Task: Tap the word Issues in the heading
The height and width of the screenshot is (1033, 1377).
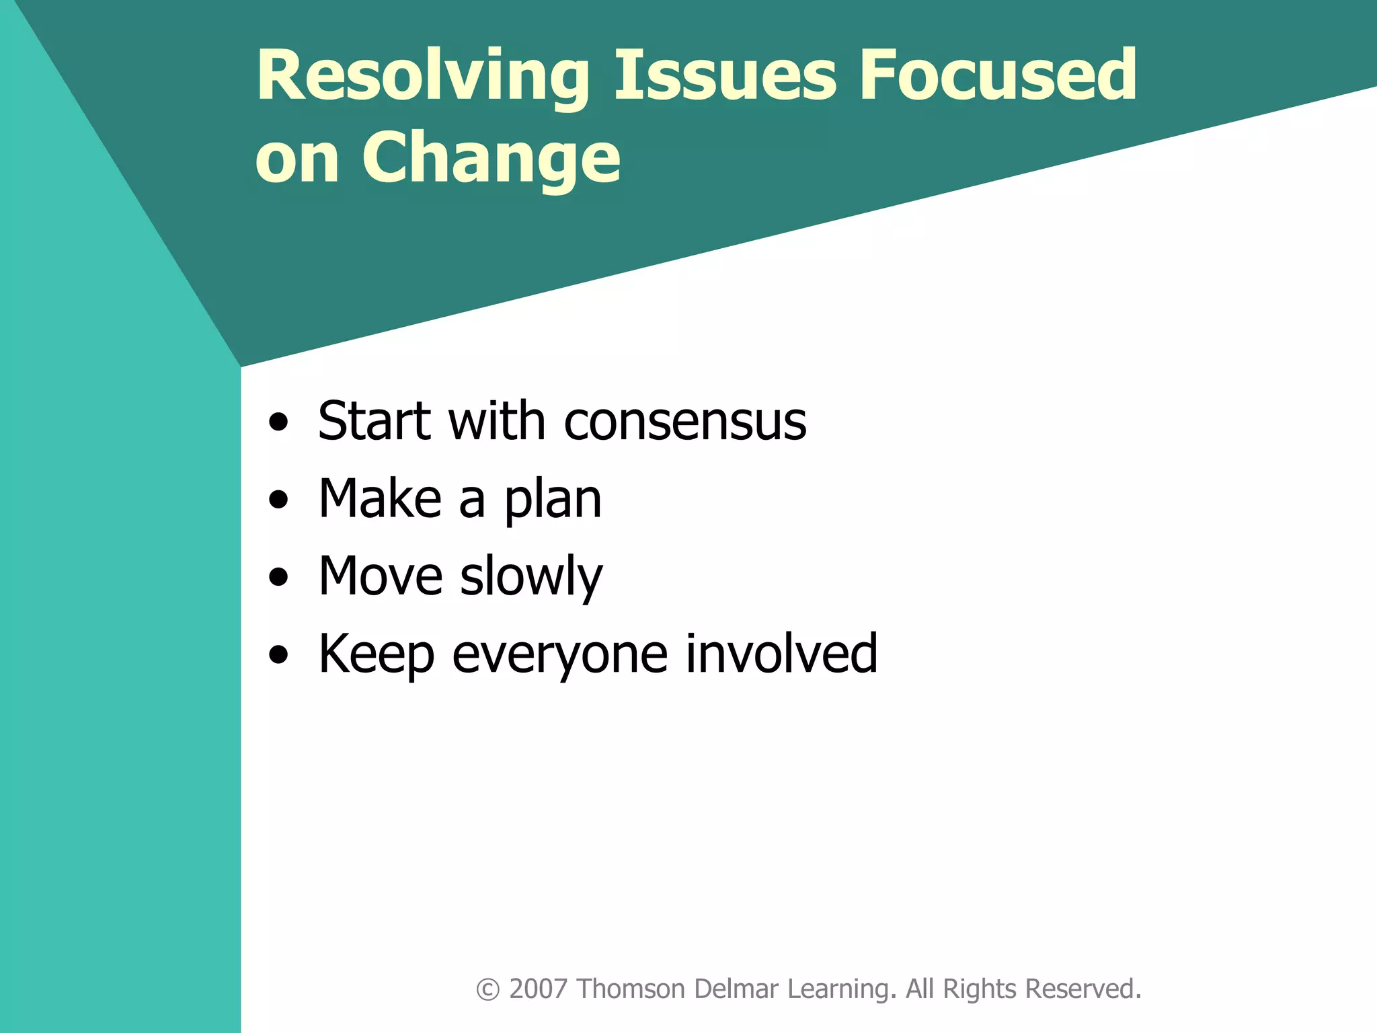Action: (725, 75)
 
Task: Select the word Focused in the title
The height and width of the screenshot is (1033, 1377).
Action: (998, 75)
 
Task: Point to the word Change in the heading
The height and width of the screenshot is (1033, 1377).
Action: (491, 159)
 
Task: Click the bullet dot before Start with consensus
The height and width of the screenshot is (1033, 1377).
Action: (278, 423)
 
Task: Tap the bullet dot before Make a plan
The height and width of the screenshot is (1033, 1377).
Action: (278, 500)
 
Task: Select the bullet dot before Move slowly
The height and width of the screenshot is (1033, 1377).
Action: (278, 578)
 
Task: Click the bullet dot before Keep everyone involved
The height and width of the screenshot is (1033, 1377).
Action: (278, 655)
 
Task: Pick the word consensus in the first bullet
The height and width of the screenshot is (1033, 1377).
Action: (685, 423)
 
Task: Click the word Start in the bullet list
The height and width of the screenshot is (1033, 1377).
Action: (375, 422)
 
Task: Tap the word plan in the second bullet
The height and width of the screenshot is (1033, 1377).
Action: (553, 501)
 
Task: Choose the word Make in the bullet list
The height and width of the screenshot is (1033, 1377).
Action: (380, 499)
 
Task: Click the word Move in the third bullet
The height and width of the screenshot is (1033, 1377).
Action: (380, 577)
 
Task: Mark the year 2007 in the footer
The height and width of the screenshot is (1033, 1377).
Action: (538, 989)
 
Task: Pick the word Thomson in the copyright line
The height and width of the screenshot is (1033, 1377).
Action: (631, 989)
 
